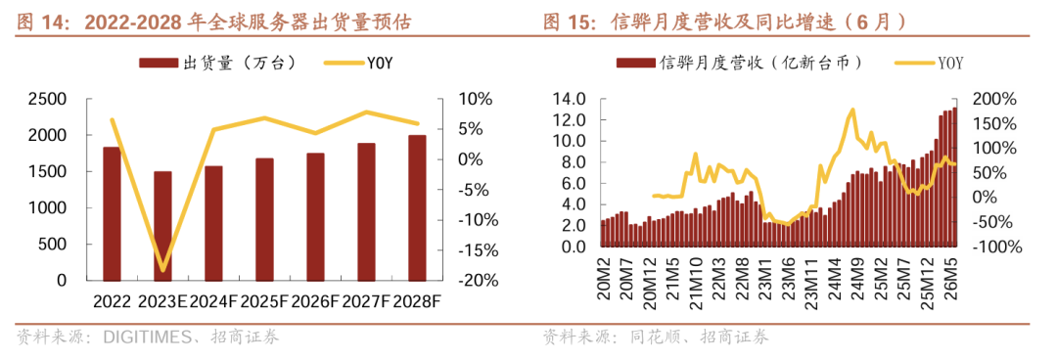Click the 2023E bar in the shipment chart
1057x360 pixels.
162,226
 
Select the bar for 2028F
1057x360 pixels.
417,207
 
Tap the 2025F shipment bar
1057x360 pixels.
264,219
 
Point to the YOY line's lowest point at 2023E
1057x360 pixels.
162,270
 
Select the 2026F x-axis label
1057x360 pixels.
315,300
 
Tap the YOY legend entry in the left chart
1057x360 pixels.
358,63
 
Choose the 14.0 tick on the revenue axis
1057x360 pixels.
571,99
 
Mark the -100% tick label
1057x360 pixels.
996,247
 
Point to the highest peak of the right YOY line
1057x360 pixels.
852,110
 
